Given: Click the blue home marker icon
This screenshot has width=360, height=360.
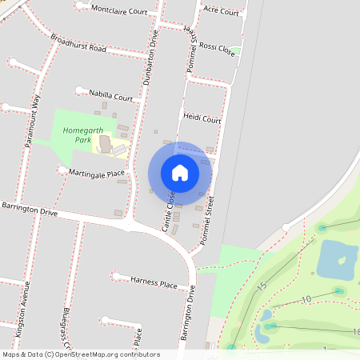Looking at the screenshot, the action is (x=180, y=173).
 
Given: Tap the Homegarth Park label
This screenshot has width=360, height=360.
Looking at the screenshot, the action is (x=73, y=134).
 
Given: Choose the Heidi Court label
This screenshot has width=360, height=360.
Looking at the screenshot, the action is (x=202, y=118).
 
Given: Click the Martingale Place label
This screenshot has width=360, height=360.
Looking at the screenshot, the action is (x=97, y=173).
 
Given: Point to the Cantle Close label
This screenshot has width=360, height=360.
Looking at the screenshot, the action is (x=170, y=212).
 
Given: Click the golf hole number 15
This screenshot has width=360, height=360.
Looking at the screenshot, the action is (x=262, y=286).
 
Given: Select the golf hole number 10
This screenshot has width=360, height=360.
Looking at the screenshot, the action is (x=306, y=299).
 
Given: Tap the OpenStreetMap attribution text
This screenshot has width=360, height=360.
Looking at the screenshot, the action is (x=80, y=354).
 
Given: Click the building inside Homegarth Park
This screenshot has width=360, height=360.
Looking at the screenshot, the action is (x=106, y=144).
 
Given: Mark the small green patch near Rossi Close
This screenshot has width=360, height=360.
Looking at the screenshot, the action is (x=236, y=51).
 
